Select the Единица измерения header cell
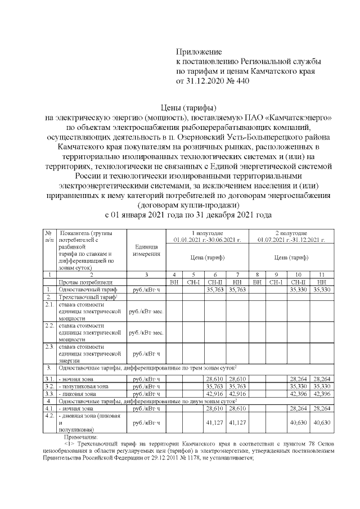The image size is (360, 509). (146, 250)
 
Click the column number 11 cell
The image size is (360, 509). (321, 274)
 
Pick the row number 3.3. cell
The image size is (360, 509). (49, 394)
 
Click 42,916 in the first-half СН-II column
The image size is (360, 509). (213, 394)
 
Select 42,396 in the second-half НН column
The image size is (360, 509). (321, 394)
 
